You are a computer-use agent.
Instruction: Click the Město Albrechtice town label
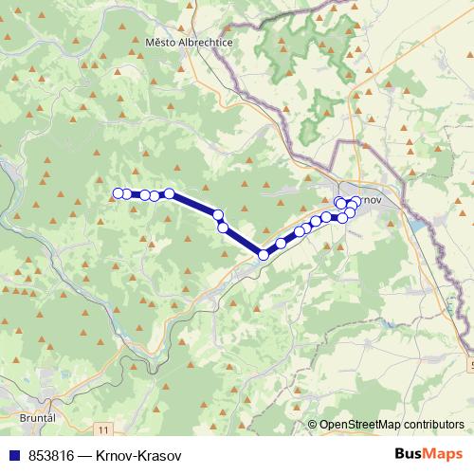(189, 43)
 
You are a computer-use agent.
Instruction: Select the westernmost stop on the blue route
(118, 194)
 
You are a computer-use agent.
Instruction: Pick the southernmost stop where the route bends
(264, 254)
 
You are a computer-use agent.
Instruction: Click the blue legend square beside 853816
(14, 456)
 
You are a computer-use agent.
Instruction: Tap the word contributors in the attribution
(432, 426)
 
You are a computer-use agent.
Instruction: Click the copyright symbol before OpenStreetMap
(312, 426)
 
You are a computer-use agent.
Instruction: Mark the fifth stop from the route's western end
(170, 193)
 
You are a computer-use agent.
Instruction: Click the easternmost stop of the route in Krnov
(355, 204)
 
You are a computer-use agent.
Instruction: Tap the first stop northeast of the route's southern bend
(281, 244)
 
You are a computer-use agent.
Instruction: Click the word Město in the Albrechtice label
(161, 43)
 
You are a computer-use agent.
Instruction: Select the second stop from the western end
(127, 194)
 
